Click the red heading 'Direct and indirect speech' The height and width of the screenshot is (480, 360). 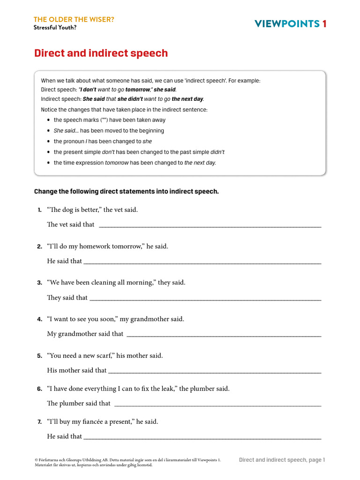101,53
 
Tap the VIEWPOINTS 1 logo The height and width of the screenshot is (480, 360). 290,24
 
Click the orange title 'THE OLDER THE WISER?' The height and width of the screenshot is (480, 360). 74,19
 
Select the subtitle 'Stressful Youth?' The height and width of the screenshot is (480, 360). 55,27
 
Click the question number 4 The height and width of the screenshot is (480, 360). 40,319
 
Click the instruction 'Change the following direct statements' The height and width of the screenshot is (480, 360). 127,191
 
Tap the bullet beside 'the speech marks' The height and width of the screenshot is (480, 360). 49,120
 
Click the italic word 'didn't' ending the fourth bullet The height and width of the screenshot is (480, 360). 217,152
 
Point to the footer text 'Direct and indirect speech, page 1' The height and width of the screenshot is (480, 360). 282,460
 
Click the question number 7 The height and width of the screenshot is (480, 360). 40,422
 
